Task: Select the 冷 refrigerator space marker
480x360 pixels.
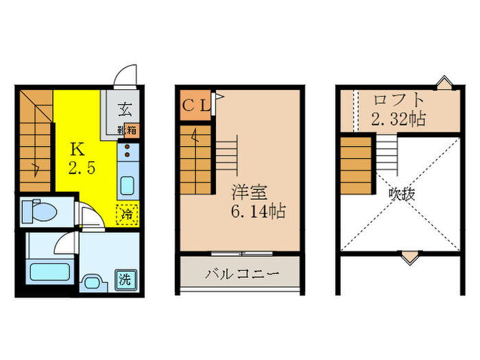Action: (x=128, y=215)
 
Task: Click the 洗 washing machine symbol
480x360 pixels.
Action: (x=125, y=280)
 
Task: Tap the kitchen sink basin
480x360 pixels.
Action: (x=128, y=186)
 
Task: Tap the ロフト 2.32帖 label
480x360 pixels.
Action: (x=398, y=108)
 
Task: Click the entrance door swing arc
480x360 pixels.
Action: (x=125, y=74)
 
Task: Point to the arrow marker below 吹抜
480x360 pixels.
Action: (x=409, y=258)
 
